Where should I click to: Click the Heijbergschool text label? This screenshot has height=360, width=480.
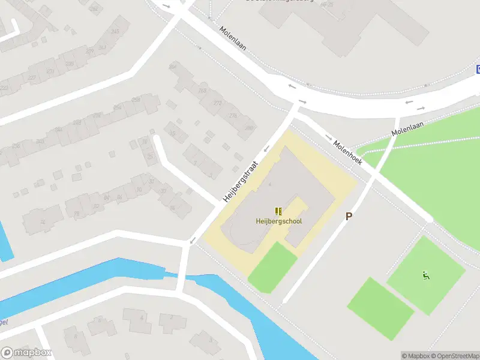(278, 221)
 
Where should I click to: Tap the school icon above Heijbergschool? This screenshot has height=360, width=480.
(278, 211)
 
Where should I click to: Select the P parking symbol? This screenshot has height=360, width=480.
(349, 216)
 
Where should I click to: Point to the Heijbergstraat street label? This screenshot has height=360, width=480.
(240, 181)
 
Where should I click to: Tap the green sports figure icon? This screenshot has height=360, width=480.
(426, 275)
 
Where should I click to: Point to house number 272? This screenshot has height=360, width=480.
(217, 103)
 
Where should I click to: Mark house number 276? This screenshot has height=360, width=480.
(233, 115)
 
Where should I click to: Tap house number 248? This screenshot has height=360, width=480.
(115, 31)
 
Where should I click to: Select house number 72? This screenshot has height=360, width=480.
(42, 221)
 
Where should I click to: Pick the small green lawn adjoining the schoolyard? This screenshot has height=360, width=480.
(272, 267)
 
